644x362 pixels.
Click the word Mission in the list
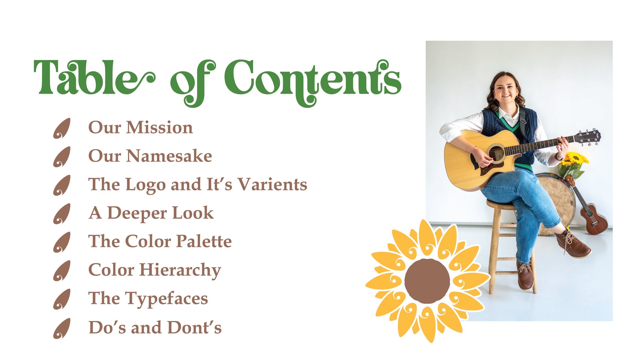click(159, 127)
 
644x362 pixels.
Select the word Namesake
click(169, 156)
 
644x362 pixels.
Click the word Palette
click(204, 242)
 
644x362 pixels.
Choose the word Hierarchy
click(180, 270)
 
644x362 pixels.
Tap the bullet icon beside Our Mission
click(62, 128)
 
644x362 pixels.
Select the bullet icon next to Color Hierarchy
click(62, 271)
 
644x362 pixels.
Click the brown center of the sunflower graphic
click(427, 281)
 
